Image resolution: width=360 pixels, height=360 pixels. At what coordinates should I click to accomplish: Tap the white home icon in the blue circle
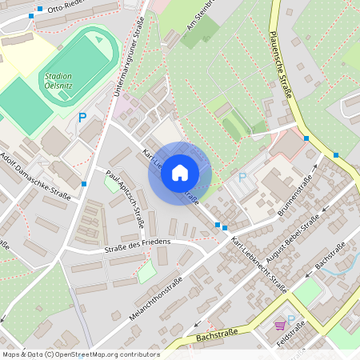coord(180,173)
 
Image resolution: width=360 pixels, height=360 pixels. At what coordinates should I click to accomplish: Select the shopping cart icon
coord(279,326)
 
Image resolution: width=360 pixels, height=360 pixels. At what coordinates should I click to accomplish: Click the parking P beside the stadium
coord(82,118)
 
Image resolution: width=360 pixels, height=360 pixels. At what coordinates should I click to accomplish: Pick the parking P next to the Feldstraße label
coord(291,318)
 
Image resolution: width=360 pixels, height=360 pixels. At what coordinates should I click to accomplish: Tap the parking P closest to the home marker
coord(242,177)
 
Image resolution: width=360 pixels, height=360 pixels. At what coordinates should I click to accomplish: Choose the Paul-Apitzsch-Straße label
coord(126,197)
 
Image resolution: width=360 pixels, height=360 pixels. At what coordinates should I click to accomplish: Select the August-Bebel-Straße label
coord(302,231)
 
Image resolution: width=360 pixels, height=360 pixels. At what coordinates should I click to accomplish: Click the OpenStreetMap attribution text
coord(80,354)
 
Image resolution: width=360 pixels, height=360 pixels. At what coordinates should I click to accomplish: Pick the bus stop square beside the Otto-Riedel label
coord(30,15)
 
